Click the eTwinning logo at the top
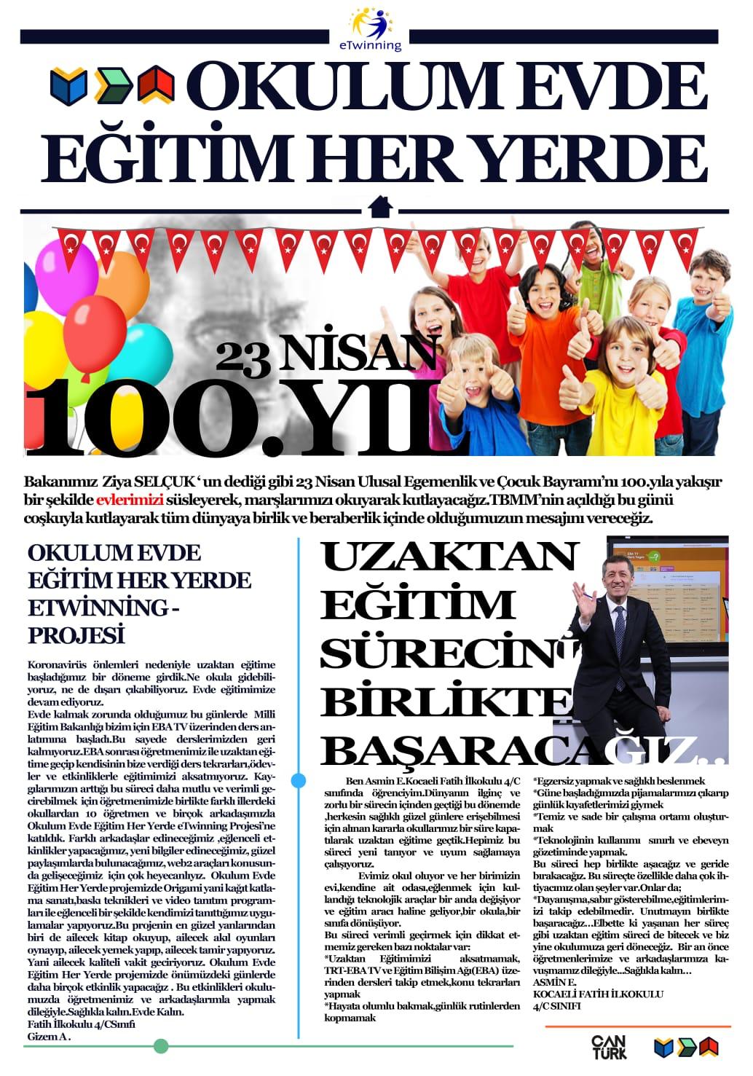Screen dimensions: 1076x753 click(375, 28)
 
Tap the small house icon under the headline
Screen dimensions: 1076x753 click(380, 207)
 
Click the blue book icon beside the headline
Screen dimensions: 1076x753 click(68, 85)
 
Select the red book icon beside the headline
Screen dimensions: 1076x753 click(156, 84)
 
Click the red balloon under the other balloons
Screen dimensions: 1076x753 click(87, 364)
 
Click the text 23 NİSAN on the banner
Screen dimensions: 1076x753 click(328, 355)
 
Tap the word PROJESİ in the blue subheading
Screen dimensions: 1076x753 click(76, 635)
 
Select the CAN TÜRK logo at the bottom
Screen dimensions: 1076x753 click(608, 1046)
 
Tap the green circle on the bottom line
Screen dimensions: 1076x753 click(161, 1047)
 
